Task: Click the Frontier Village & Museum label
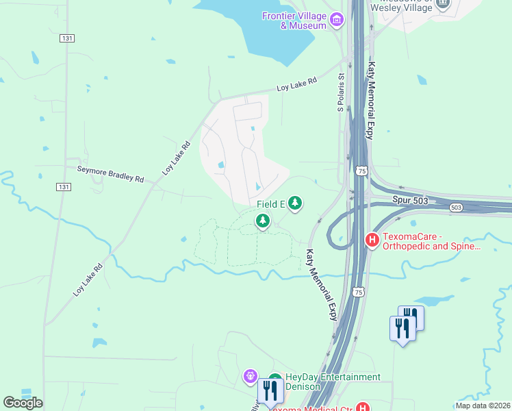(294, 21)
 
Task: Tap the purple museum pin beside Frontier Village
(336, 20)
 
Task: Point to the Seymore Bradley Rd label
(110, 173)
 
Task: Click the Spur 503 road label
(409, 199)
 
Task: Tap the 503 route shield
(457, 207)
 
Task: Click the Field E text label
(270, 204)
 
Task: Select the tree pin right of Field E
(295, 203)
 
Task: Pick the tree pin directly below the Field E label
(262, 221)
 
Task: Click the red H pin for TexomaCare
(372, 240)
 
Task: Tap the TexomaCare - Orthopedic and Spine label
(431, 240)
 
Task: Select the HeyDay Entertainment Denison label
(333, 382)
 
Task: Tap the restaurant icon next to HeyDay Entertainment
(271, 390)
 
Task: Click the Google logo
(23, 402)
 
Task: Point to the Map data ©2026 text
(483, 406)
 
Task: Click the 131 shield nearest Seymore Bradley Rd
(62, 186)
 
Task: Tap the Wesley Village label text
(402, 7)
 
